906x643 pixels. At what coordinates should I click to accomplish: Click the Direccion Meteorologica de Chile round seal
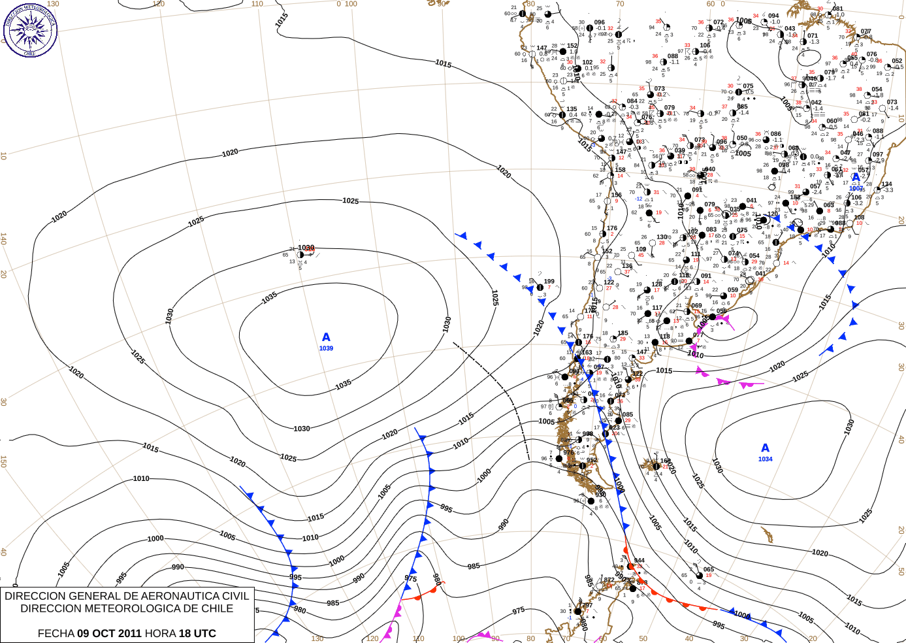[30, 30]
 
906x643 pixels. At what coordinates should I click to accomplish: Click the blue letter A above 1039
[326, 337]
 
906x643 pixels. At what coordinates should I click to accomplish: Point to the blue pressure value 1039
[326, 348]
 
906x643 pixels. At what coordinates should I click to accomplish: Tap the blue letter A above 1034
[765, 448]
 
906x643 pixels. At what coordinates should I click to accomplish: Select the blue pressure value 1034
[765, 459]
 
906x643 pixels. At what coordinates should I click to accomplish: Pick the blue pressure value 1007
[856, 189]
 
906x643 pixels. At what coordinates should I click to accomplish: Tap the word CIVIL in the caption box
[236, 596]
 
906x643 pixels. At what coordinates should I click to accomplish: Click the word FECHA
[56, 633]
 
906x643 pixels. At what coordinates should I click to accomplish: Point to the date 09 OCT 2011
[109, 633]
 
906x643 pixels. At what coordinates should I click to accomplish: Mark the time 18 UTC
[197, 633]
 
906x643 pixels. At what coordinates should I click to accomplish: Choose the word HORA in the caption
[160, 633]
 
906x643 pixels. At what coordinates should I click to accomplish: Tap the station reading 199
[549, 282]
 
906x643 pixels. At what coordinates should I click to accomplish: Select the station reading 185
[623, 333]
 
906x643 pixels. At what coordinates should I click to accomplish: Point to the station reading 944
[639, 561]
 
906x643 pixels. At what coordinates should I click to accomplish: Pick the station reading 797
[587, 605]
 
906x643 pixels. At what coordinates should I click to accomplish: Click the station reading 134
[886, 184]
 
